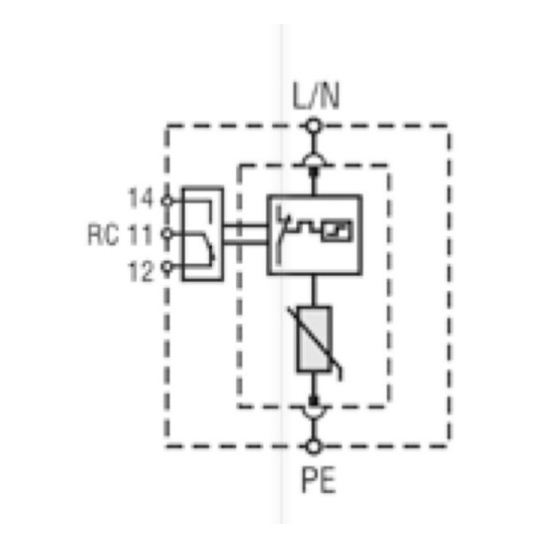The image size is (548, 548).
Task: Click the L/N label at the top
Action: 316,96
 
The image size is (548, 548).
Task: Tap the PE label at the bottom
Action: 319,480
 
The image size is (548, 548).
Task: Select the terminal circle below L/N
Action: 314,126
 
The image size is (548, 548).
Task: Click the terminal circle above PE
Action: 314,446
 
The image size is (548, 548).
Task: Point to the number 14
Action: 140,198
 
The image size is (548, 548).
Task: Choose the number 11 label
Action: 140,234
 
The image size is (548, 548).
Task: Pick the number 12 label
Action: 141,271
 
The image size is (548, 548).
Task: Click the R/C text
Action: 103,234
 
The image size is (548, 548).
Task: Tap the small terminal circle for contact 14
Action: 167,201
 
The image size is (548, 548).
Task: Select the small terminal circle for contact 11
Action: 167,233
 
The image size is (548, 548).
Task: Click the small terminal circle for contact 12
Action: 167,267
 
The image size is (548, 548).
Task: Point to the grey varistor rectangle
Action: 314,339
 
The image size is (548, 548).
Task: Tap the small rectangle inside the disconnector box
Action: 337,231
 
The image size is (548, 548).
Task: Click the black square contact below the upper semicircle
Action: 314,172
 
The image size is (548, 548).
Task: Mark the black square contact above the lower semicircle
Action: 314,401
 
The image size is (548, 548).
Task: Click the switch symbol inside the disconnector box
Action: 280,234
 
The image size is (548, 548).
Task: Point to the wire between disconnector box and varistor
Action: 314,291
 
